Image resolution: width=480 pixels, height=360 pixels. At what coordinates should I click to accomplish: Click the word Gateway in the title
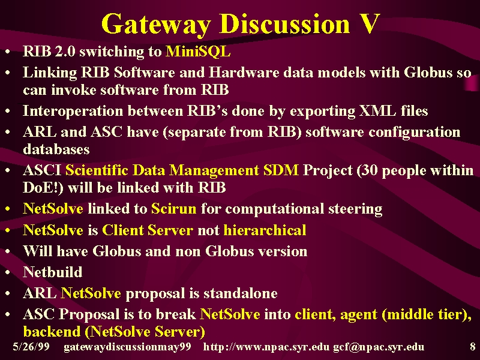pyautogui.click(x=156, y=24)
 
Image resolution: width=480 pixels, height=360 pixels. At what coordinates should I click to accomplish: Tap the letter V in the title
pyautogui.click(x=369, y=23)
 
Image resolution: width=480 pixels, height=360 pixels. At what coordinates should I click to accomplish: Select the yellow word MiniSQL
pyautogui.click(x=198, y=51)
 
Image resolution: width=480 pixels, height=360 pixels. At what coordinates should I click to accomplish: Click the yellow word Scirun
pyautogui.click(x=173, y=208)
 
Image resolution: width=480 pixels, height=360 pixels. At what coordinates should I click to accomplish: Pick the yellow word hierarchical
pyautogui.click(x=265, y=230)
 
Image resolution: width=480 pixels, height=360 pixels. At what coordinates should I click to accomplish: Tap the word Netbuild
pyautogui.click(x=53, y=272)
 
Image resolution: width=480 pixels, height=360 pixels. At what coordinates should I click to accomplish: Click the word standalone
pyautogui.click(x=241, y=293)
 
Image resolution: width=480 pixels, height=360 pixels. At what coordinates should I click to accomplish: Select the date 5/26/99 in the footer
pyautogui.click(x=31, y=346)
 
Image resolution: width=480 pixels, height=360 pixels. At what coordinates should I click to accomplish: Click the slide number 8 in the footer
pyautogui.click(x=473, y=346)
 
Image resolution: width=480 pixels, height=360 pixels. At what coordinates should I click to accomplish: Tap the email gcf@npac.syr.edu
pyautogui.click(x=379, y=347)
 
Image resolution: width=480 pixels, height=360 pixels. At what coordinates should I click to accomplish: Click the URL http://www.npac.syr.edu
pyautogui.click(x=266, y=347)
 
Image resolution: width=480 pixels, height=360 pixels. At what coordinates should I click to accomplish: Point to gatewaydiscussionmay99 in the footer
pyautogui.click(x=127, y=347)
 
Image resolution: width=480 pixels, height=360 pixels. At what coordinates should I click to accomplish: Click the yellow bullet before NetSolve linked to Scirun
pyautogui.click(x=8, y=209)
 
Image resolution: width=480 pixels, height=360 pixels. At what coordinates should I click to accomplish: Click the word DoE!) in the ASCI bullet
pyautogui.click(x=43, y=187)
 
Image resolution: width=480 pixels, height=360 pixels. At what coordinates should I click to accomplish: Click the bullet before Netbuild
pyautogui.click(x=8, y=272)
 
